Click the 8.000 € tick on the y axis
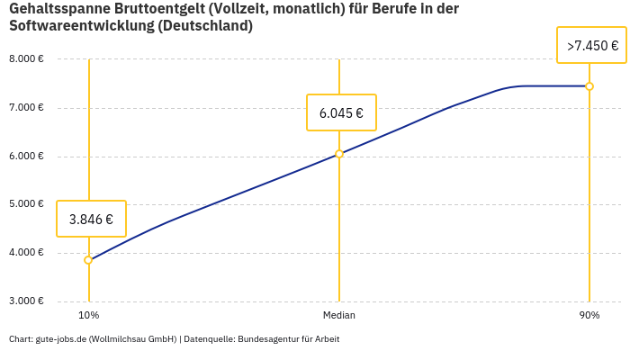(26, 59)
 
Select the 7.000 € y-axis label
(26, 108)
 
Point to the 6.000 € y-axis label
(26, 157)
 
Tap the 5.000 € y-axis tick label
(26, 204)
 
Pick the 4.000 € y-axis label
(26, 253)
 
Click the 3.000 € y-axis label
(26, 301)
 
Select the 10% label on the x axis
(88, 316)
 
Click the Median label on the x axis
(339, 316)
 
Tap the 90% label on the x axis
(589, 316)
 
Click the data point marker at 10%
(88, 260)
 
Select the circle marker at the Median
(339, 154)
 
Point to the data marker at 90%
(589, 86)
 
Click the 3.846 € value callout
(91, 219)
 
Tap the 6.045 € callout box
(341, 112)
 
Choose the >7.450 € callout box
(592, 45)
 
